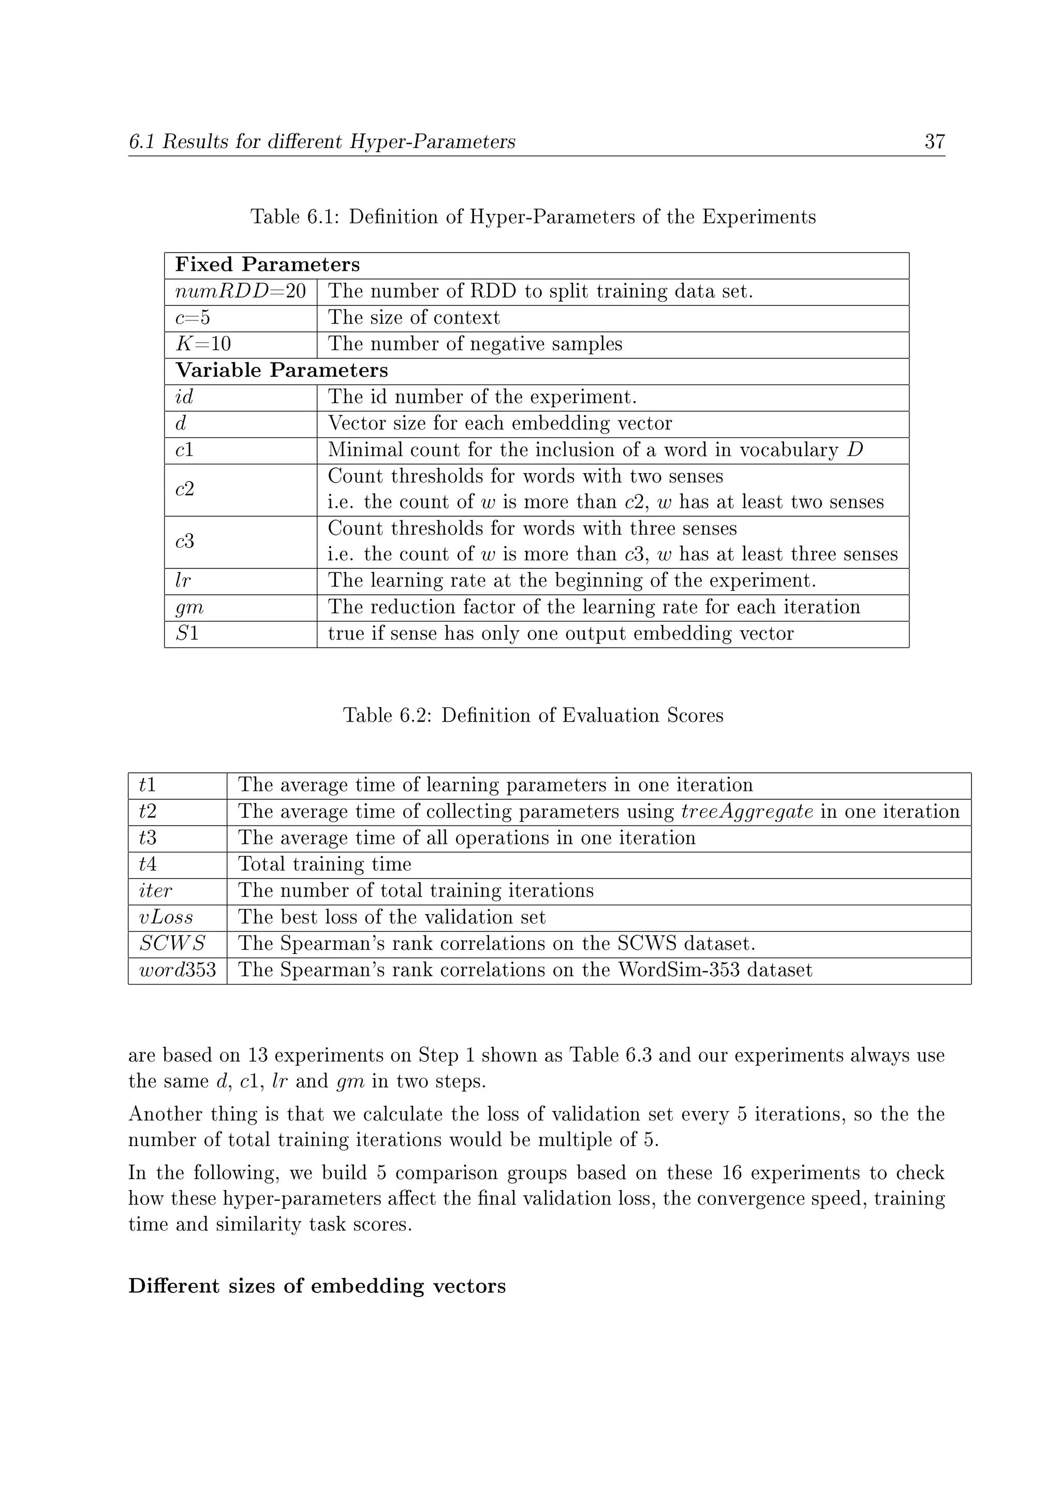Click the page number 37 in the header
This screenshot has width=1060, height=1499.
(934, 142)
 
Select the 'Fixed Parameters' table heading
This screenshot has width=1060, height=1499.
(268, 265)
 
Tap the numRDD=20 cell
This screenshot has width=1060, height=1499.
(240, 292)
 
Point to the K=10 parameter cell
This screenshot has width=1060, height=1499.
(203, 345)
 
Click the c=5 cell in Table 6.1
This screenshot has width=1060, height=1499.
(193, 318)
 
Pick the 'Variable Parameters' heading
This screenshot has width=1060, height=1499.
(282, 371)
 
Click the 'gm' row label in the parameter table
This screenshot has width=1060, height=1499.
(189, 608)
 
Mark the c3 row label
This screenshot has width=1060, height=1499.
(185, 542)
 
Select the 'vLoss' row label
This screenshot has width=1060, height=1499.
(166, 917)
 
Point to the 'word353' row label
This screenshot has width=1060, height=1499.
(177, 970)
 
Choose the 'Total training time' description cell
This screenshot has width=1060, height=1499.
(325, 864)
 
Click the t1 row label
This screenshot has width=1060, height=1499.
(148, 785)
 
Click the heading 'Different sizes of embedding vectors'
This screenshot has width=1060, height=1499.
(317, 1286)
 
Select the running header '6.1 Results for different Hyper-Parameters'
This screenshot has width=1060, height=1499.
(322, 142)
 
